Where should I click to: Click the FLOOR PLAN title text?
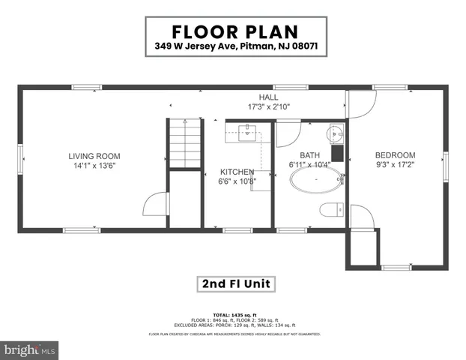tap(235, 33)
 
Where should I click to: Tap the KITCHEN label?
tap(237, 172)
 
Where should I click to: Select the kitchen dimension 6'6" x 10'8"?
tap(237, 181)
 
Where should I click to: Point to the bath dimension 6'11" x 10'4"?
tap(309, 163)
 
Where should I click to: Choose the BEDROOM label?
tap(396, 155)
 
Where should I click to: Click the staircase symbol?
tap(184, 143)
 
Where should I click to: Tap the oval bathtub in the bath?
tap(316, 181)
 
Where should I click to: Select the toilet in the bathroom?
tap(330, 209)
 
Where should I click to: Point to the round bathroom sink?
tap(334, 135)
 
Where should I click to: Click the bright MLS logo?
tap(30, 350)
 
